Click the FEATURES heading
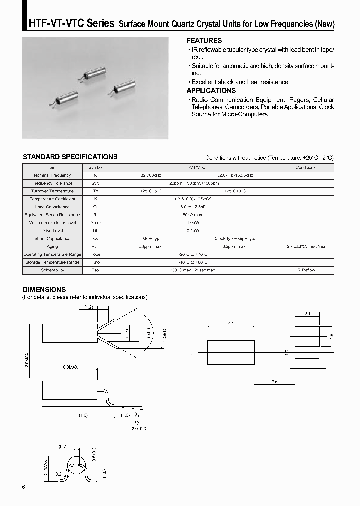204,40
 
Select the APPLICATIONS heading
211,90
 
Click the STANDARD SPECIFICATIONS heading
70,157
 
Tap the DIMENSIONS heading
44,289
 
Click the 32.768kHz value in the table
152,175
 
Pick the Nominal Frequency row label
52,175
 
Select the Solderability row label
52,270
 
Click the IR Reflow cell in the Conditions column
305,270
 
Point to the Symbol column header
95,167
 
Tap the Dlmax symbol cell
95,223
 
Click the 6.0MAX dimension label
70,367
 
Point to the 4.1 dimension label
231,324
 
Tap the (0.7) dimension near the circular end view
63,446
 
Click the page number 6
24,487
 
